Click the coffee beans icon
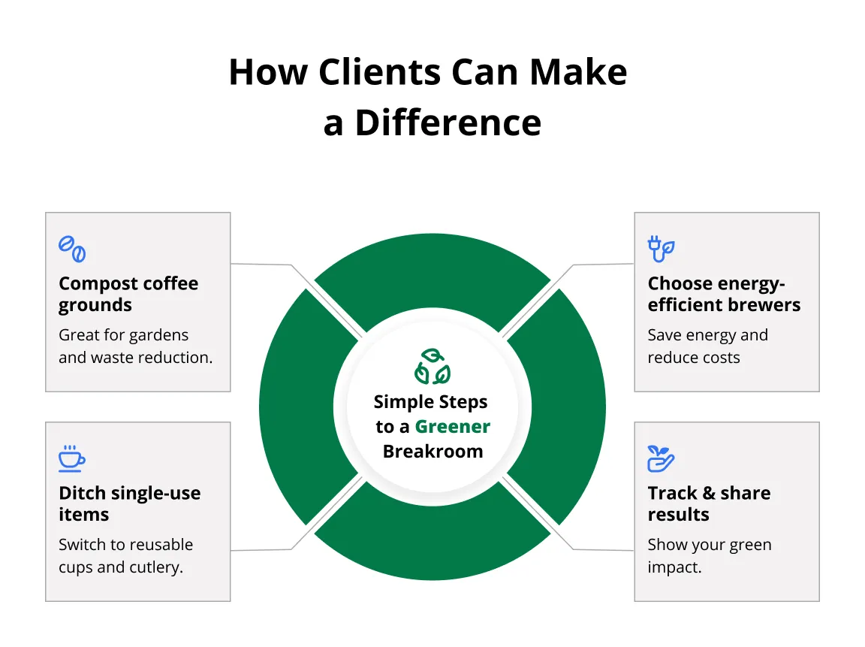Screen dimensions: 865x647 click(x=72, y=249)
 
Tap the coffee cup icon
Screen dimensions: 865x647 click(x=72, y=458)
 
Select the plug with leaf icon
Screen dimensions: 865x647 click(x=661, y=249)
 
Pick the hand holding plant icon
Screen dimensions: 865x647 click(x=661, y=458)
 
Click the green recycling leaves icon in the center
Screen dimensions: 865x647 click(x=432, y=366)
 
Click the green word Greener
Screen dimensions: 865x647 click(x=452, y=427)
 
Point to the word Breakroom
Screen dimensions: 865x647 click(x=432, y=451)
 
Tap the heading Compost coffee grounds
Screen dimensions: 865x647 click(x=128, y=295)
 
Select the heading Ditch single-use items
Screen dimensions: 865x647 click(x=129, y=503)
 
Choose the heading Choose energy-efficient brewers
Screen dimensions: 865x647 click(x=724, y=295)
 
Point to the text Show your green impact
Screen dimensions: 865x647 click(x=709, y=555)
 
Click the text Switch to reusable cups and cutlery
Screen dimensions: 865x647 click(x=125, y=555)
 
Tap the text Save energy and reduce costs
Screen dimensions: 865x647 click(x=707, y=346)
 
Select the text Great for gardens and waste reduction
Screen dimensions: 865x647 click(x=135, y=346)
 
